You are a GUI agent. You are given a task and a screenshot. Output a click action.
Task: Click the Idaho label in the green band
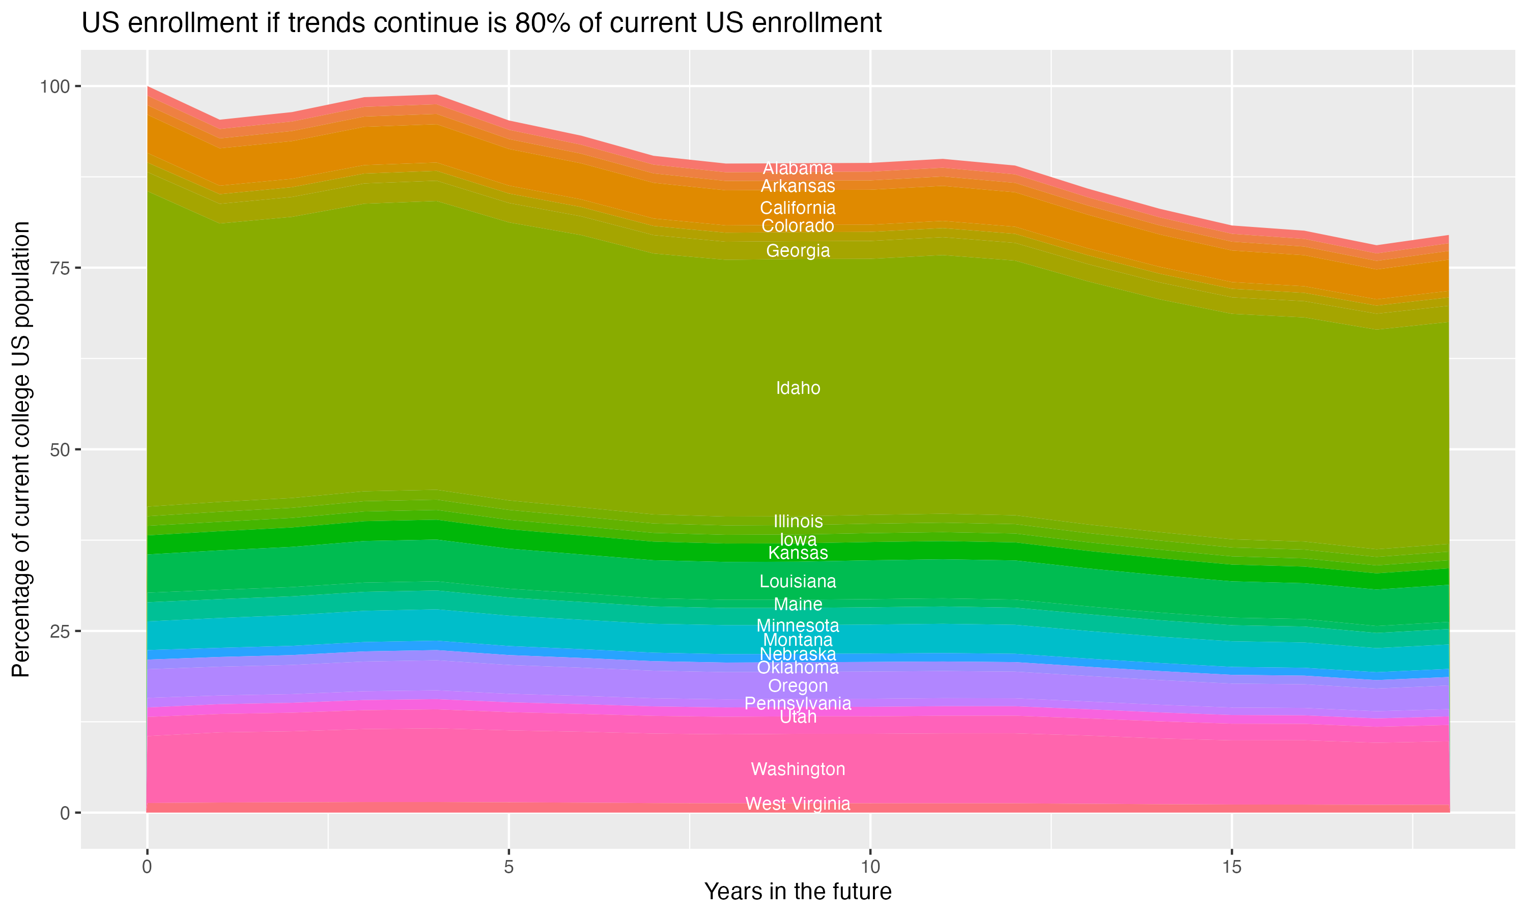[x=798, y=388]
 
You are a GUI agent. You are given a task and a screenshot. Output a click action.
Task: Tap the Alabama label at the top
[x=798, y=168]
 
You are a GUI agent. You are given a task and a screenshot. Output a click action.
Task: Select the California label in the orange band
[x=798, y=208]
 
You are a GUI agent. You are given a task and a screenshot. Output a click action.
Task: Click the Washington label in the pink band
[x=798, y=769]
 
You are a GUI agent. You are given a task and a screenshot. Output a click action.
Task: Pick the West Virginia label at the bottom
[x=798, y=804]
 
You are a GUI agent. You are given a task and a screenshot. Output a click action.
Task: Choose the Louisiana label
[x=798, y=582]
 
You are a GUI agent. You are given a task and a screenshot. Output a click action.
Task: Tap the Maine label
[x=798, y=604]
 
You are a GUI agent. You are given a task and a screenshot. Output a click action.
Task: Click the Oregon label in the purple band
[x=798, y=686]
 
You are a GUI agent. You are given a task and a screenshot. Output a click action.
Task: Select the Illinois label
[x=798, y=522]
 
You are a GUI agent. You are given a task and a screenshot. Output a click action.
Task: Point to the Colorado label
[x=798, y=226]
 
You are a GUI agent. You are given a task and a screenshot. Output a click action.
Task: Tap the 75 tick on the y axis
[x=61, y=268]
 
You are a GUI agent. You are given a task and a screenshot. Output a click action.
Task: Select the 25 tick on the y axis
[x=61, y=632]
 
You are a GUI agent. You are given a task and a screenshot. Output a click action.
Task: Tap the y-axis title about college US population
[x=21, y=449]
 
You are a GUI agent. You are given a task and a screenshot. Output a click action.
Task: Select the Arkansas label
[x=798, y=186]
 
